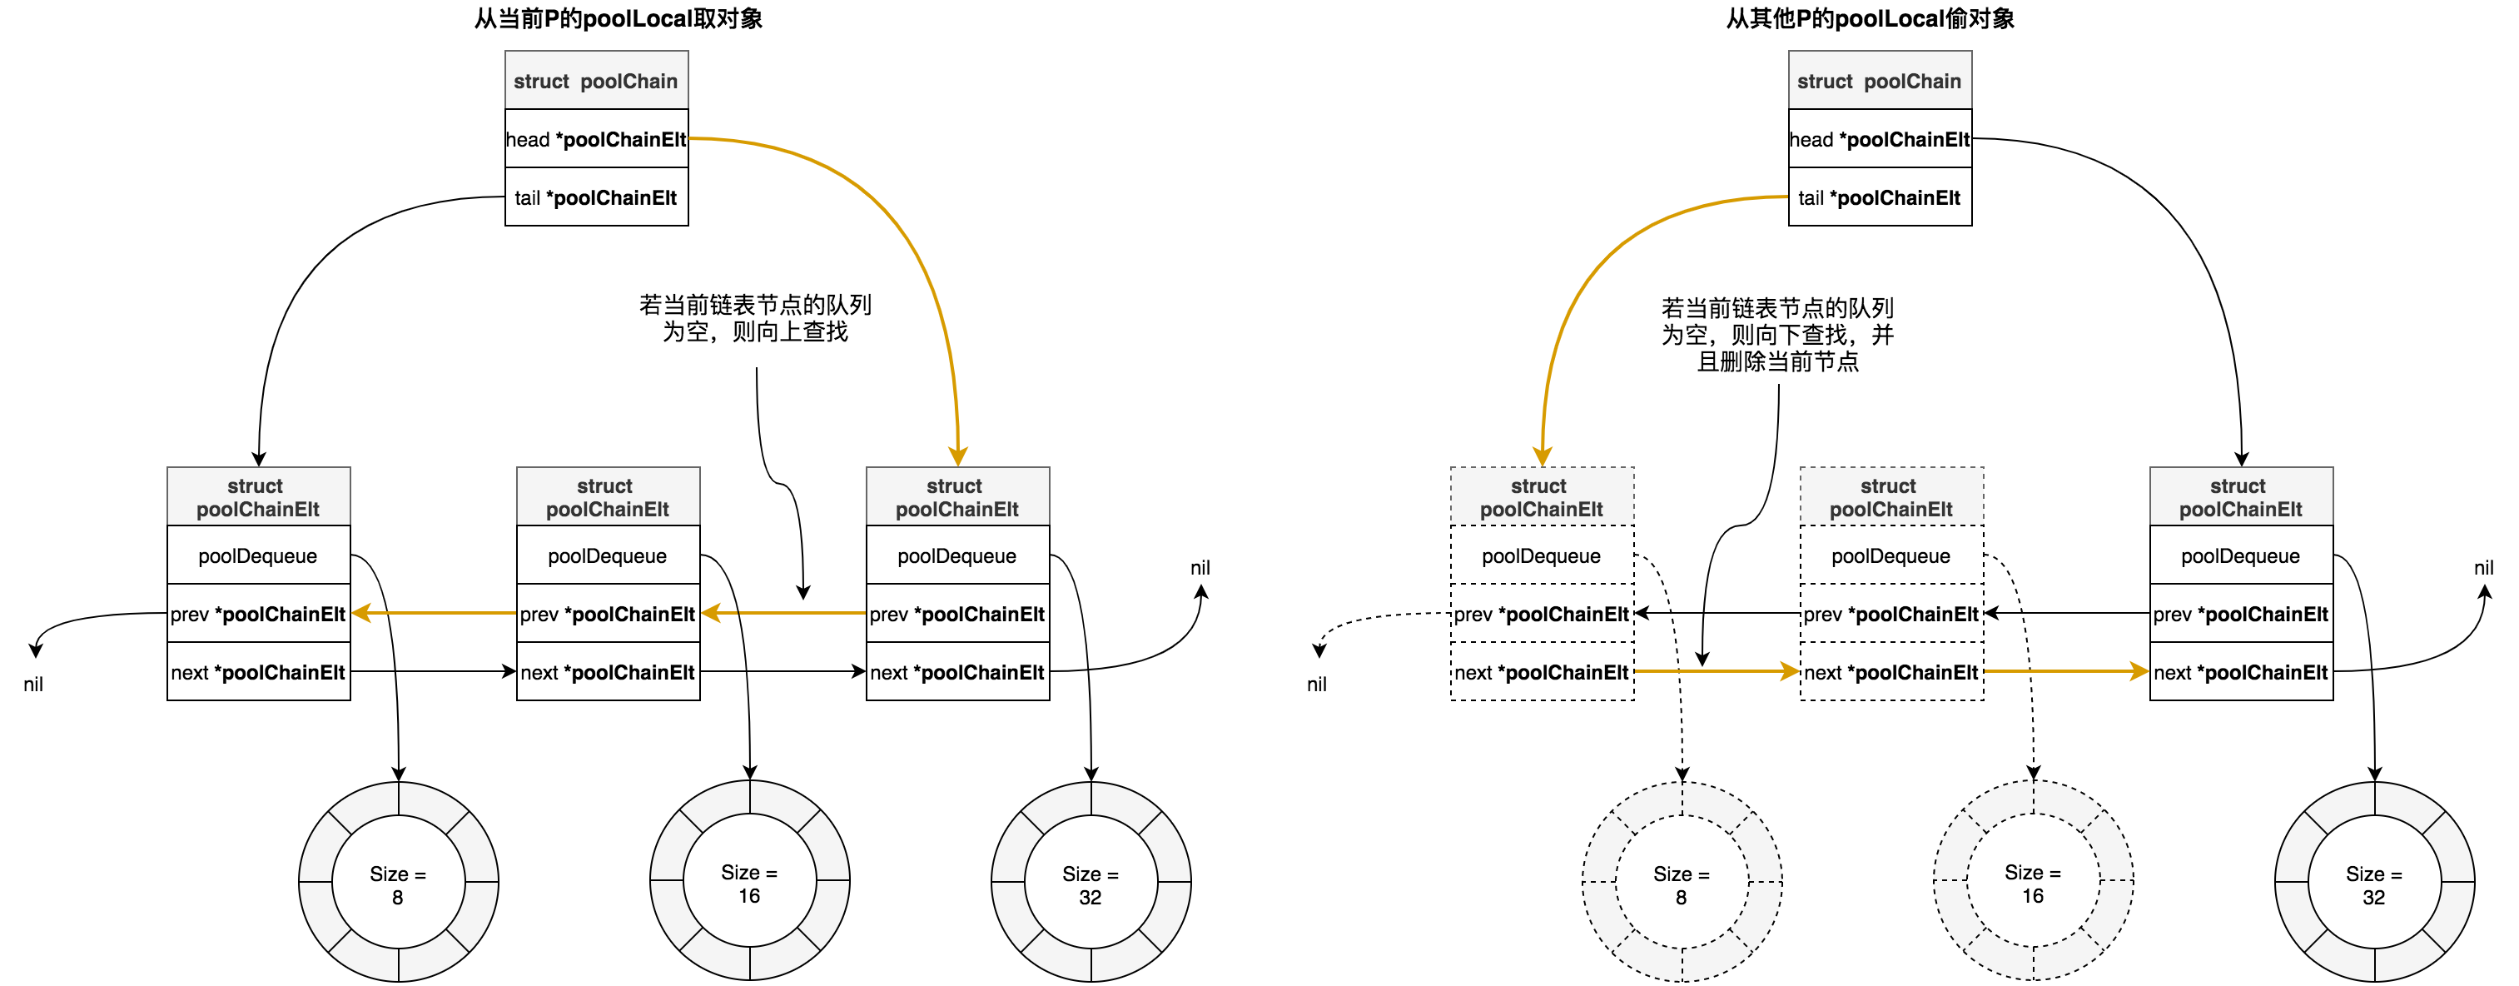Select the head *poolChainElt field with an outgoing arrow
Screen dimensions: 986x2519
(x=597, y=139)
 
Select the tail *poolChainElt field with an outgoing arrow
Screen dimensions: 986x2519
(x=1880, y=197)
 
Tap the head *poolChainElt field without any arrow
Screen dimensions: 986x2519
(x=1880, y=139)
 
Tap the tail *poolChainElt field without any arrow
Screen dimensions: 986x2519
(x=597, y=197)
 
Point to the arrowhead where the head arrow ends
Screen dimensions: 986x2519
(x=958, y=456)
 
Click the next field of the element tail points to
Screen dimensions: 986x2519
(x=1541, y=672)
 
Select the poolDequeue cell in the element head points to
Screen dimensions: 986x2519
(x=957, y=555)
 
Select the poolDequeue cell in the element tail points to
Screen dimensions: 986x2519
(x=1541, y=555)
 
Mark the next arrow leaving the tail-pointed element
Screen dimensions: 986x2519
(x=1717, y=672)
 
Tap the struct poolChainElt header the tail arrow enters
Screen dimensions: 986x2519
(x=1541, y=497)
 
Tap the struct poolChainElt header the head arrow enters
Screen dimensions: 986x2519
(x=957, y=497)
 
